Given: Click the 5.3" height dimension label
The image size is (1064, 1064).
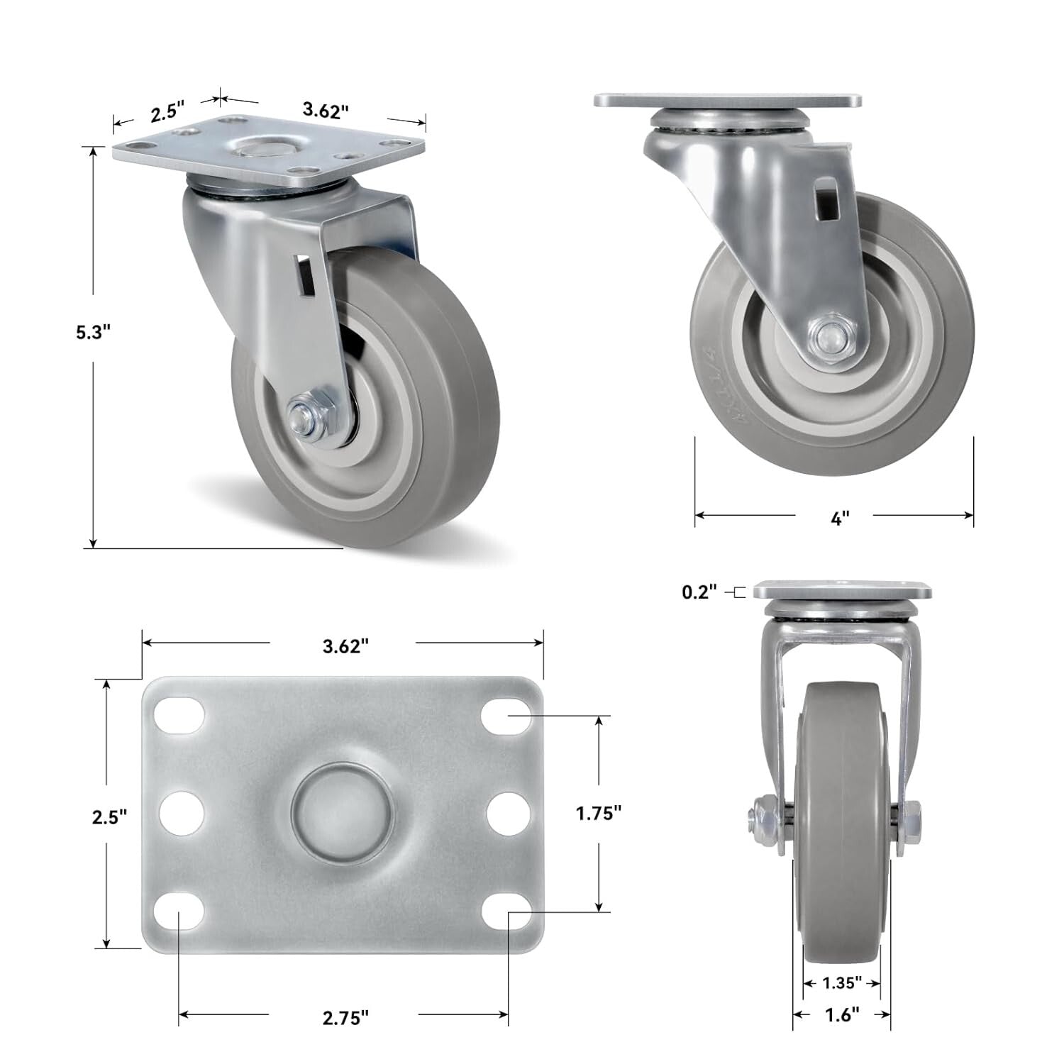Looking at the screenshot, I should (x=95, y=331).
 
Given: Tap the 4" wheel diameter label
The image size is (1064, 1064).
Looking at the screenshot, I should (x=839, y=519).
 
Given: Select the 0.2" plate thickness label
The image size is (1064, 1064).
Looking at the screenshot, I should (x=699, y=591).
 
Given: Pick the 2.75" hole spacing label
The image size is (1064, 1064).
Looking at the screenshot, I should (x=345, y=1017).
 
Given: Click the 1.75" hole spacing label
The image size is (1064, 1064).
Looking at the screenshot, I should (x=599, y=813).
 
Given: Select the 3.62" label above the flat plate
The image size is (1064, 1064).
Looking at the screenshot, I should (x=345, y=645).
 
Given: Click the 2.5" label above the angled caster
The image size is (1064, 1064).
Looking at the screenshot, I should (x=167, y=112).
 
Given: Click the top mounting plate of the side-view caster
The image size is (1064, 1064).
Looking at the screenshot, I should (x=728, y=101).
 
